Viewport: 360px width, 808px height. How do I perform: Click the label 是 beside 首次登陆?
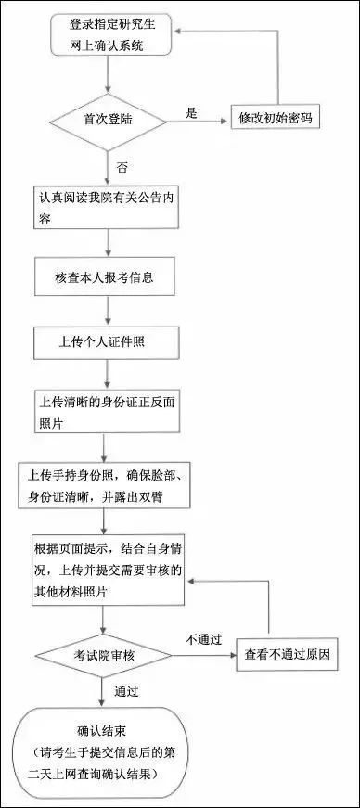click(x=193, y=112)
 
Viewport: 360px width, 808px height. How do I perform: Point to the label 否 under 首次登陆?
click(x=122, y=167)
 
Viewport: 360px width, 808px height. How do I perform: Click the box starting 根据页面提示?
click(x=108, y=568)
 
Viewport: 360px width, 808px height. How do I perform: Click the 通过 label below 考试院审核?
click(x=127, y=691)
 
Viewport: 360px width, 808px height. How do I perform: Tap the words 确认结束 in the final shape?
click(x=102, y=730)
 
